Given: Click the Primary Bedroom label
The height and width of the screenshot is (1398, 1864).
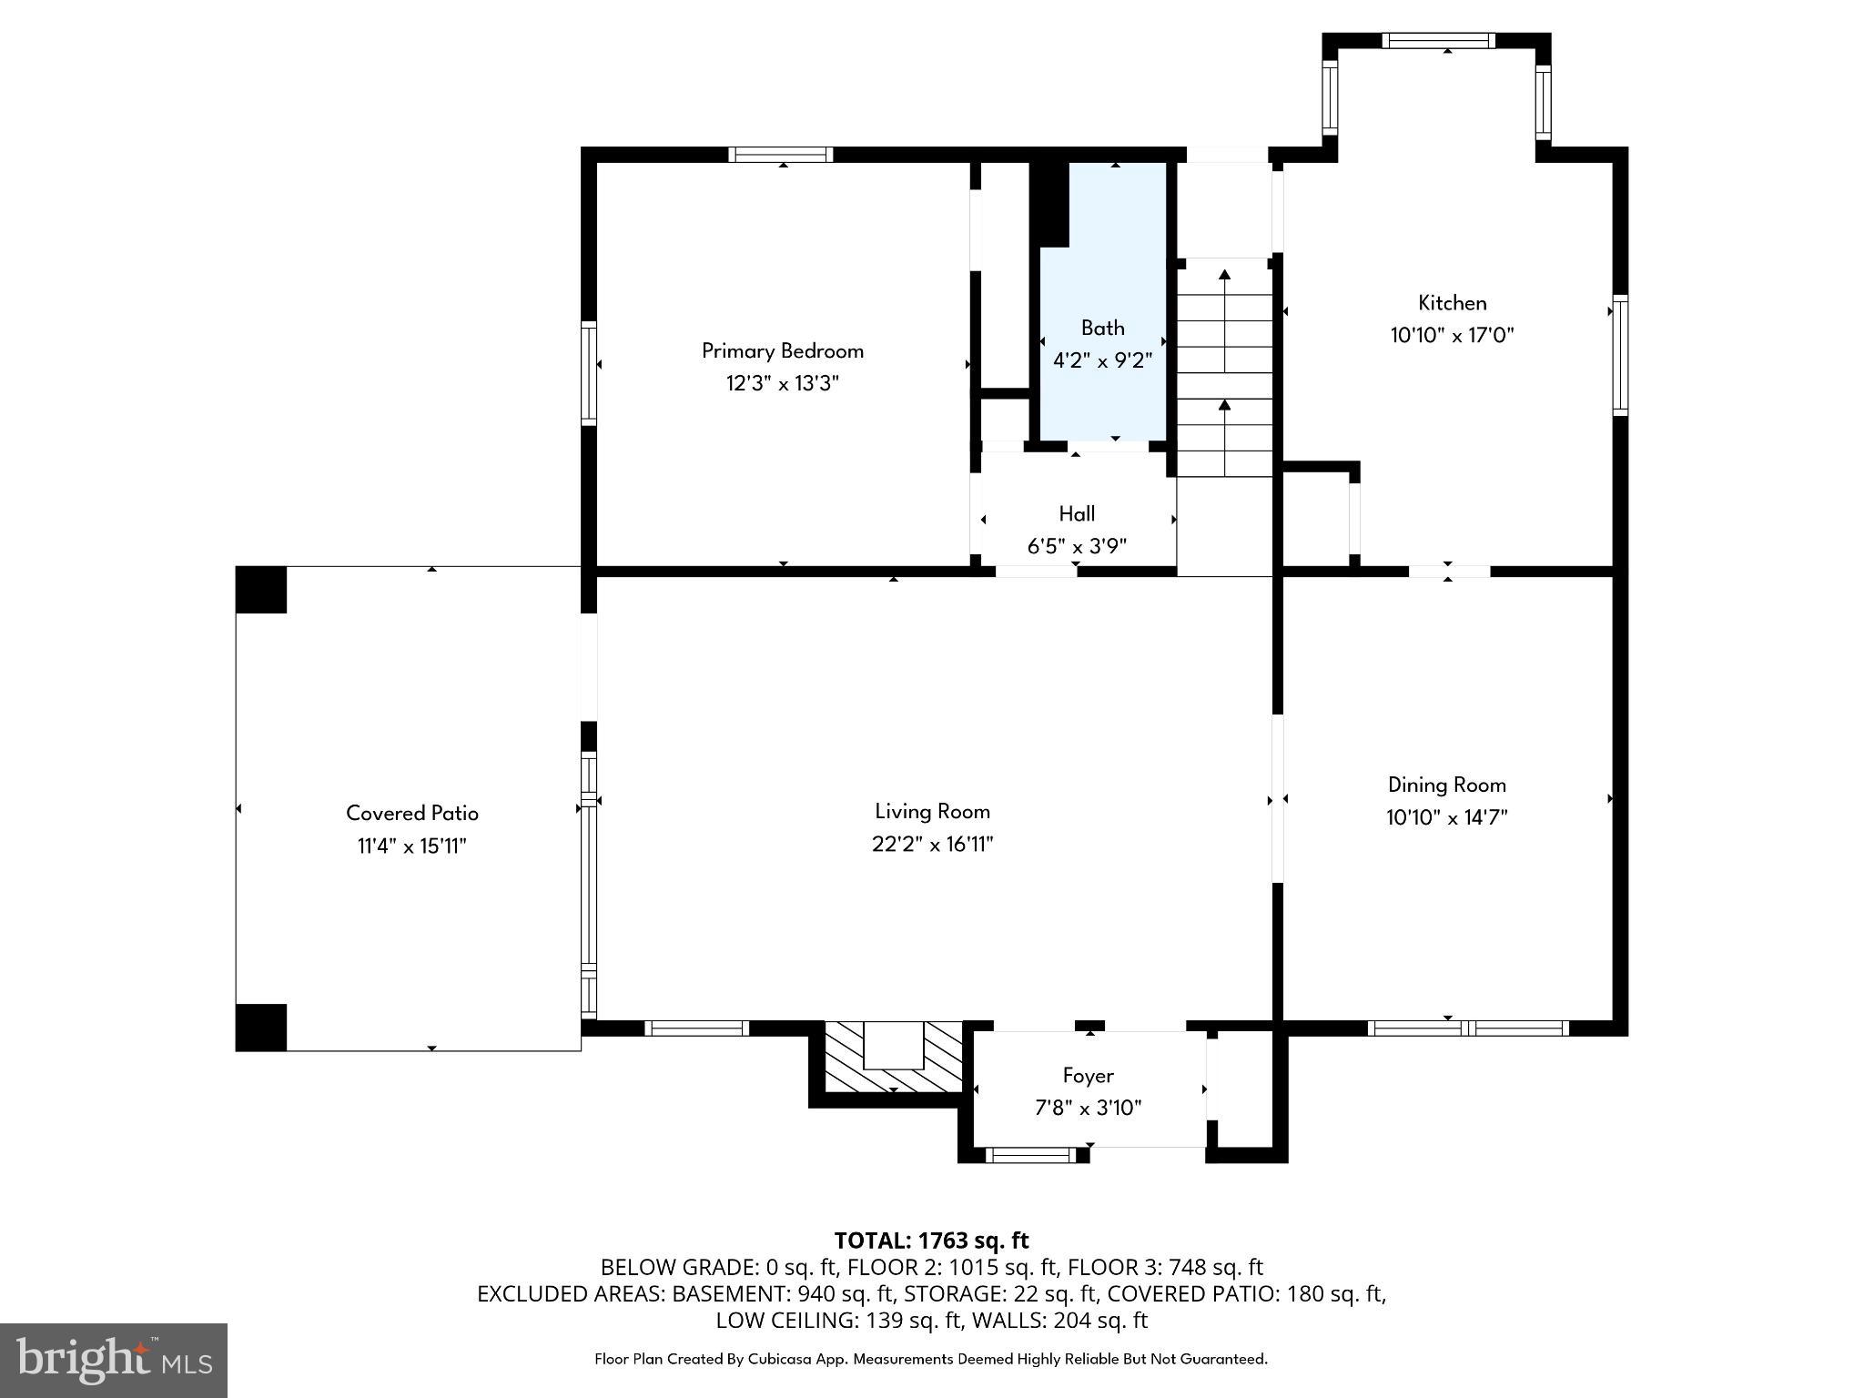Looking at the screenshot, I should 782,350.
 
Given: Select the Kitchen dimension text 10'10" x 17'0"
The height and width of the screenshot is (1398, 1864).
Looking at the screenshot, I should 1451,335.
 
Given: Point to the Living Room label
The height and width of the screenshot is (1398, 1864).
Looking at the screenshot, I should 932,811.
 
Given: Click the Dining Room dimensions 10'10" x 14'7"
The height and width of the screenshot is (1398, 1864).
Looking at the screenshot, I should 1446,817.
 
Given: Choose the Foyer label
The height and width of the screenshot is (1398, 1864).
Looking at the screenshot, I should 1088,1076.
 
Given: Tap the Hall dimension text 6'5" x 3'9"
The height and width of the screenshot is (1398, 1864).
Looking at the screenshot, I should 1077,546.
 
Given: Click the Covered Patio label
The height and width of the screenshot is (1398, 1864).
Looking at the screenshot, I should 411,813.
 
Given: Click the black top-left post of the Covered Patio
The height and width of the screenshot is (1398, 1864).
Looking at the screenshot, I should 261,590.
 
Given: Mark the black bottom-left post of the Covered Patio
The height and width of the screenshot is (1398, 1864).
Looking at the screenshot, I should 261,1028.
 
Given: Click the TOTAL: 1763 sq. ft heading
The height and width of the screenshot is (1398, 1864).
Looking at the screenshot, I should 931,1241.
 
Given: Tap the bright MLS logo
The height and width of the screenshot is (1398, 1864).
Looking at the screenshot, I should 114,1360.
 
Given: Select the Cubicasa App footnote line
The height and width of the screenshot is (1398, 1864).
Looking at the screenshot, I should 930,1359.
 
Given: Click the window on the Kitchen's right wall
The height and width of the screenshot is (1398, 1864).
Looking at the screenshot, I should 1620,355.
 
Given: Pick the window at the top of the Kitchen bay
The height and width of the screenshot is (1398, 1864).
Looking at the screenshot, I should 1438,40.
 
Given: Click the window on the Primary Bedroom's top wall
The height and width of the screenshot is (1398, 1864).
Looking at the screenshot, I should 781,155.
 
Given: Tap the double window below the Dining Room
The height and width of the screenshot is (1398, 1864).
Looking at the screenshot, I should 1468,1028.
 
